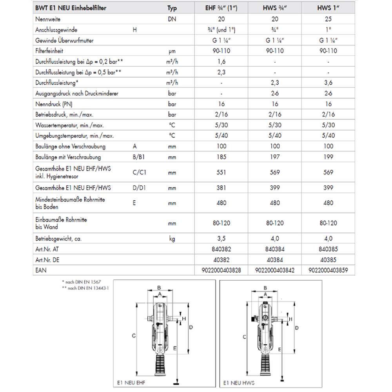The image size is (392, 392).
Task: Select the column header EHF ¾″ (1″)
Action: pos(221,8)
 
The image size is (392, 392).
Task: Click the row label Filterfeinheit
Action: pos(49,51)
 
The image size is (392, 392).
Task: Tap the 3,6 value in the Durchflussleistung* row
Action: pos(328,83)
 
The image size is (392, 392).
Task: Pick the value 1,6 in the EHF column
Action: pos(221,62)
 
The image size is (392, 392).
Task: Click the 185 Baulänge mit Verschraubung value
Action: pos(221,157)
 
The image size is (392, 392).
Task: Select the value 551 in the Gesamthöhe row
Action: pos(221,172)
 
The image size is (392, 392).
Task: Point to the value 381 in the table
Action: pos(221,188)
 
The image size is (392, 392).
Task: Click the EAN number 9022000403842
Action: pos(275,270)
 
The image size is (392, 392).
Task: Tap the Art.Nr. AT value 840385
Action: pos(328,249)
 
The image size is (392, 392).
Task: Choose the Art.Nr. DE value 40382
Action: pos(221,260)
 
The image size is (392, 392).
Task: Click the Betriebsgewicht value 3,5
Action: pos(221,238)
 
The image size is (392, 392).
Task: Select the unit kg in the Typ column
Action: pos(172,238)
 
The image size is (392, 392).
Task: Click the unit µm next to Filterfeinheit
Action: pos(172,51)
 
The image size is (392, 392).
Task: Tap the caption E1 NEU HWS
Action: pos(239,382)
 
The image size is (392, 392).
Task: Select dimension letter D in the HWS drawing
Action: pos(297,327)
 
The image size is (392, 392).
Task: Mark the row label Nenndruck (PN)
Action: pos(54,104)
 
